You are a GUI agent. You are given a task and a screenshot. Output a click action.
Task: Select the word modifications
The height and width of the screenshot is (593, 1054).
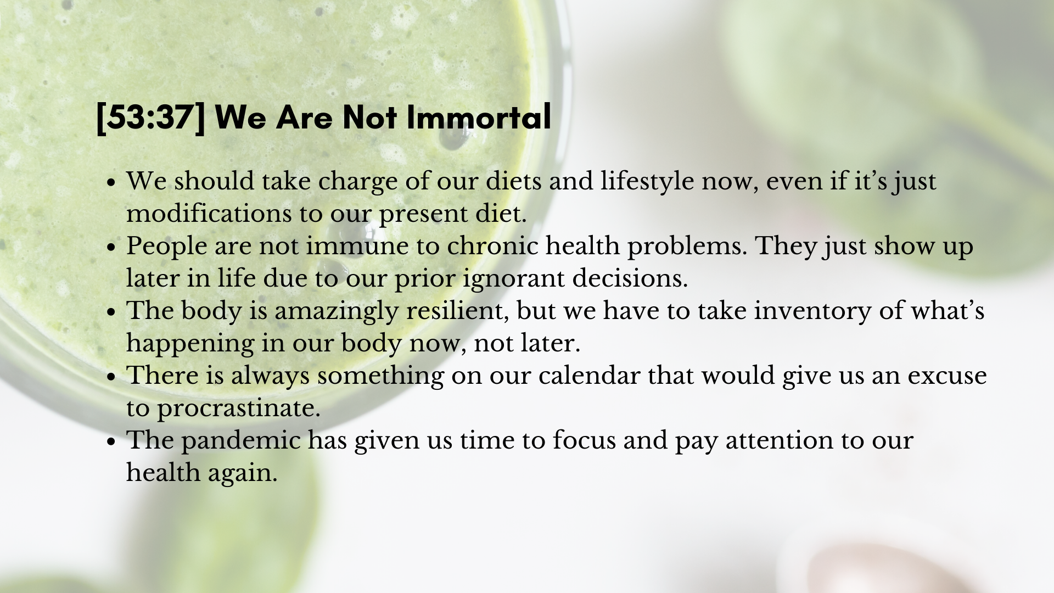click(209, 214)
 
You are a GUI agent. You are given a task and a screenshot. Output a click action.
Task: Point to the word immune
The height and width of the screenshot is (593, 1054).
click(357, 246)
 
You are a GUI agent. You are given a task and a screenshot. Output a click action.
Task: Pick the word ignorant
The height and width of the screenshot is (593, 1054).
click(514, 278)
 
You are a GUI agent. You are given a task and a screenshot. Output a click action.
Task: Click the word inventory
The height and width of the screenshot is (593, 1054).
click(812, 311)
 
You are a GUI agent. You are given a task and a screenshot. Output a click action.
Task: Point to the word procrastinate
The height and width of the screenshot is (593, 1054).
click(239, 409)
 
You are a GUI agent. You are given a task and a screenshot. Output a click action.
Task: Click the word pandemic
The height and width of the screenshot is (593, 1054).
click(241, 440)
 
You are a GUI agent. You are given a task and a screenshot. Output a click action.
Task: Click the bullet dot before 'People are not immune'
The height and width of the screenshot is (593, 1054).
click(111, 247)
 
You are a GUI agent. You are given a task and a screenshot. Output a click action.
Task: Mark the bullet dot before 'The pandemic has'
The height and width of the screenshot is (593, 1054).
click(111, 441)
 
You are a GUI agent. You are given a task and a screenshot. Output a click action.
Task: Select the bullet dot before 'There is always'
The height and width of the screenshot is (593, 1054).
click(111, 377)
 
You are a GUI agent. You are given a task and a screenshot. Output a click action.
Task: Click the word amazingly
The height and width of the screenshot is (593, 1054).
click(337, 311)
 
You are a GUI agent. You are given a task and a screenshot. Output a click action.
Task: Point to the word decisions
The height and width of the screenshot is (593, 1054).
click(630, 278)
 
